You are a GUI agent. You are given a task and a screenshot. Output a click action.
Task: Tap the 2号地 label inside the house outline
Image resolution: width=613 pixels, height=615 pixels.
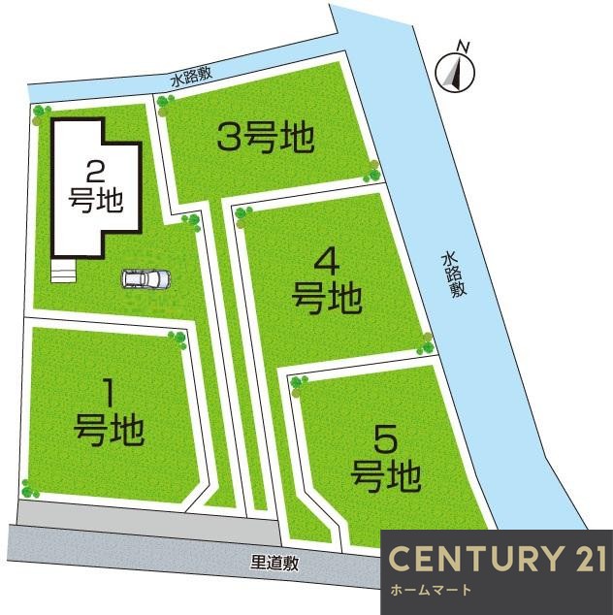tap(95, 187)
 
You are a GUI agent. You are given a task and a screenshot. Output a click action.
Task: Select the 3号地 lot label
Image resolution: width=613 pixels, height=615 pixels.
tap(265, 139)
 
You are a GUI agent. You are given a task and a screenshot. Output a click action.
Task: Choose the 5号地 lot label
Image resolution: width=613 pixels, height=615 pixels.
tap(385, 460)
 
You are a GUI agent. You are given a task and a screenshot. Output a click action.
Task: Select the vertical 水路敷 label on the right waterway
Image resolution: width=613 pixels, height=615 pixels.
tap(451, 275)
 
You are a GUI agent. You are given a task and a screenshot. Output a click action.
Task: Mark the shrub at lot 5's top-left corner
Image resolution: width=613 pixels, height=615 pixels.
tap(299, 381)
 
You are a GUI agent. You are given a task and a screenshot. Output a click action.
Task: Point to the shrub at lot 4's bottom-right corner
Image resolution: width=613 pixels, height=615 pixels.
tap(425, 340)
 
